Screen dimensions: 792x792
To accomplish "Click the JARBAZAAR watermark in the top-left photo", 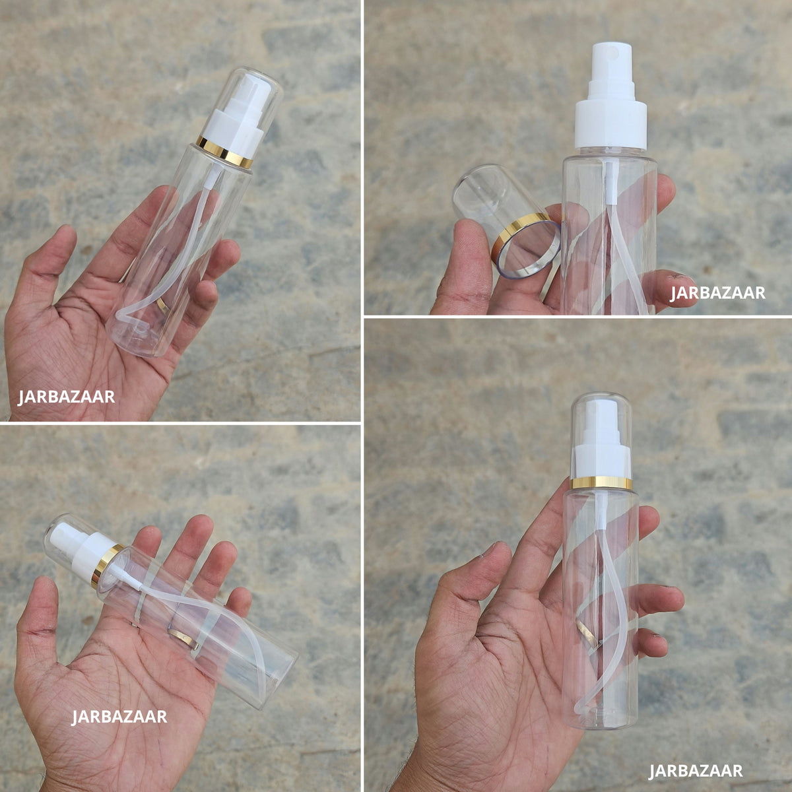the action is (x=66, y=397).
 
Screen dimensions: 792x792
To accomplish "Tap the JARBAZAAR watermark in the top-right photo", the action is (x=717, y=293).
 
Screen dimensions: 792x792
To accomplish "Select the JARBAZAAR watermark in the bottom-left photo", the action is (x=119, y=717).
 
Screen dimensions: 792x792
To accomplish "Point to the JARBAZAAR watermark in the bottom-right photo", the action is (x=696, y=771).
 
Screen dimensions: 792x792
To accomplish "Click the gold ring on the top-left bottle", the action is (x=224, y=152).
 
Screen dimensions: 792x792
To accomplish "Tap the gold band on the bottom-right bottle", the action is (x=601, y=482).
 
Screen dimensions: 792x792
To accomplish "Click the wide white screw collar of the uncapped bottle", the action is (x=610, y=123).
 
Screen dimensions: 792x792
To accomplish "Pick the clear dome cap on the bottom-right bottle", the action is (x=601, y=438).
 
